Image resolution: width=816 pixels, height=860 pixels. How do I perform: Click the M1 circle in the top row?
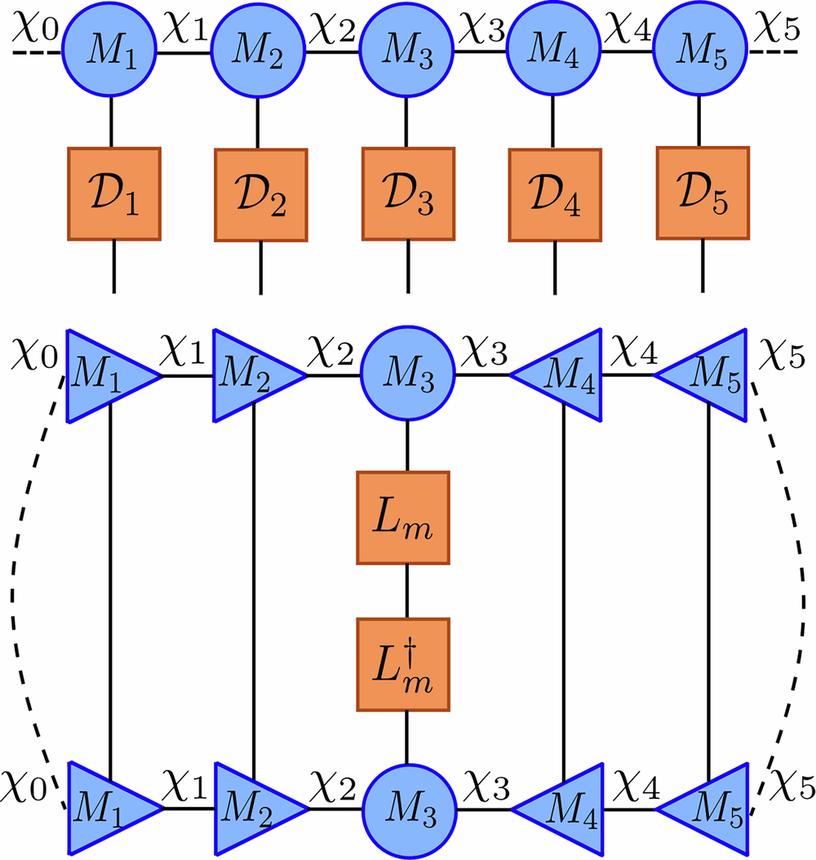pyautogui.click(x=110, y=53)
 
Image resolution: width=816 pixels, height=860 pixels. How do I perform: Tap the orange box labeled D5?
pyautogui.click(x=702, y=193)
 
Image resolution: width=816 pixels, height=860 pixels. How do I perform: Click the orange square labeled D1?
pyautogui.click(x=113, y=194)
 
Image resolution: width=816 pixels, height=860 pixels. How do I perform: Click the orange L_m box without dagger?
pyautogui.click(x=403, y=517)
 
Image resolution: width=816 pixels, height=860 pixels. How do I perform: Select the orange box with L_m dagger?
pyautogui.click(x=403, y=664)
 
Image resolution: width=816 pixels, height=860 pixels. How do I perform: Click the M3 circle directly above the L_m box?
pyautogui.click(x=406, y=376)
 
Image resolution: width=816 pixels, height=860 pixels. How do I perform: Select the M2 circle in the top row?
pyautogui.click(x=258, y=53)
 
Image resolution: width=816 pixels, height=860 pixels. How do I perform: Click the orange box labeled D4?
pyautogui.click(x=555, y=195)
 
